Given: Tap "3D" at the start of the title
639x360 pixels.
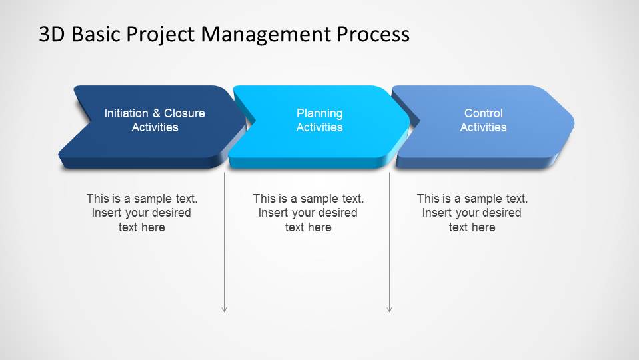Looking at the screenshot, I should pos(52,34).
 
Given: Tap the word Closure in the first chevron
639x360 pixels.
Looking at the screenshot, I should pos(185,113).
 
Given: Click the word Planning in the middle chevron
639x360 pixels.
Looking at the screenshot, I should pos(320,113).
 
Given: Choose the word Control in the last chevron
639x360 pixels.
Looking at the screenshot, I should pos(483,113).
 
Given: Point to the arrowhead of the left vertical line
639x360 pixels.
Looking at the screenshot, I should pos(225,309).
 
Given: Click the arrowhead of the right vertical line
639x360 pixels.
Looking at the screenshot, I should pos(390,309).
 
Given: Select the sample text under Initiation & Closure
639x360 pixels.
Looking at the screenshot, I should pos(141,213).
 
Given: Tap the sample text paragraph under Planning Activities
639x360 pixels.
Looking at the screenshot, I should pos(308,213).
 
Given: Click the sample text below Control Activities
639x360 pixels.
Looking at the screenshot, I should pos(472,213).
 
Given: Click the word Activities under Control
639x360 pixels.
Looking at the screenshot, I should pos(483,127).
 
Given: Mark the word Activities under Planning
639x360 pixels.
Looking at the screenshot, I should pos(320,127).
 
